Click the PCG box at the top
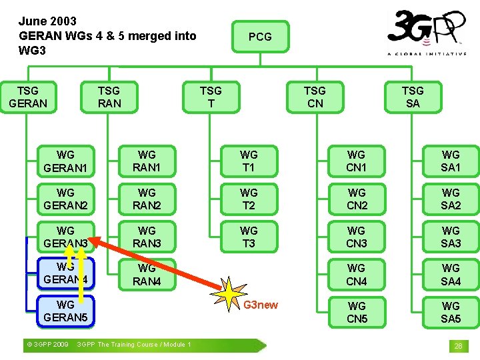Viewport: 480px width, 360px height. pyautogui.click(x=260, y=37)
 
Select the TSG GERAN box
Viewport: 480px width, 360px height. pyautogui.click(x=28, y=97)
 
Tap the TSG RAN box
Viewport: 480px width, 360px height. pyautogui.click(x=109, y=97)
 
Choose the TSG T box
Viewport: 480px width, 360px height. pyautogui.click(x=211, y=97)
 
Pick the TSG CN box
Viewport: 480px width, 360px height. pyautogui.click(x=315, y=97)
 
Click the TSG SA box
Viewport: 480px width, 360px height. pyautogui.click(x=413, y=97)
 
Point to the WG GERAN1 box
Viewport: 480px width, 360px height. pyautogui.click(x=65, y=161)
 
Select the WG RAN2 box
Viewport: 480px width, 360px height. pyautogui.click(x=147, y=199)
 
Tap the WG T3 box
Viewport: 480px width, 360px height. pyautogui.click(x=249, y=237)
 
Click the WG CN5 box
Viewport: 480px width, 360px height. pyautogui.click(x=357, y=312)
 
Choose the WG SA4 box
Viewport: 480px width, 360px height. pyautogui.click(x=451, y=275)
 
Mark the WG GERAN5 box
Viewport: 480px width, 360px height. pyautogui.click(x=65, y=311)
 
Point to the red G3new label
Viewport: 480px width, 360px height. pyautogui.click(x=261, y=305)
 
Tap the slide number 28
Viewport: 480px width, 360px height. pyautogui.click(x=458, y=346)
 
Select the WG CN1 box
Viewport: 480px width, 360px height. pyautogui.click(x=357, y=161)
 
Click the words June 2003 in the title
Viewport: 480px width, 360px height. pyautogui.click(x=47, y=21)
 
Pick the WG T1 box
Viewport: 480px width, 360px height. pyautogui.click(x=249, y=161)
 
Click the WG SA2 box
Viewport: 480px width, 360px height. pyautogui.click(x=451, y=199)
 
